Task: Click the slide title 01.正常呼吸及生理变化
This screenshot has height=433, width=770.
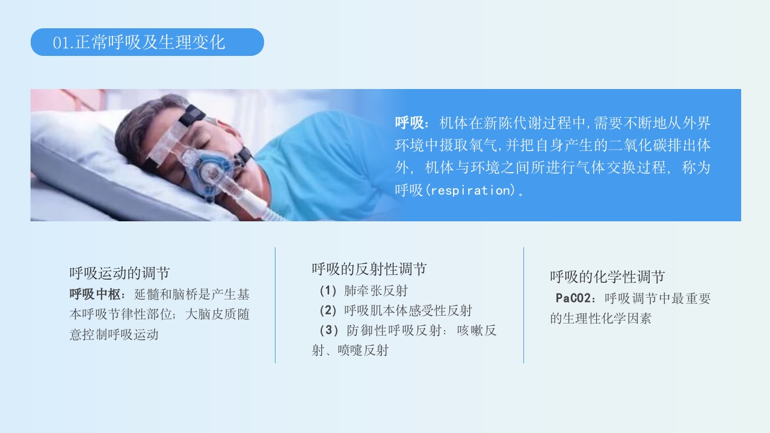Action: click(139, 43)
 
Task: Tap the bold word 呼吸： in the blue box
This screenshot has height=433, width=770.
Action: click(412, 123)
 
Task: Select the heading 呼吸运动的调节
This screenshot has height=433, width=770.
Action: click(119, 274)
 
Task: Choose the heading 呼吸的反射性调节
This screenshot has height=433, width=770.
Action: click(369, 269)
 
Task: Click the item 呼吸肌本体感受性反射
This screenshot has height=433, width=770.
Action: click(408, 311)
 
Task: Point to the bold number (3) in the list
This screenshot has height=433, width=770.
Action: click(328, 331)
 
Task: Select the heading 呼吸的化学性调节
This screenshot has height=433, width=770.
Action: click(607, 277)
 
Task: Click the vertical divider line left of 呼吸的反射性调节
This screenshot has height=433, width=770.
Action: click(276, 305)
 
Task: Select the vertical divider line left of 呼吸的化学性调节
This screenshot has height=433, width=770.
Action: click(523, 305)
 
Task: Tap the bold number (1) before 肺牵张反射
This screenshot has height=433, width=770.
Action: click(328, 291)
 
